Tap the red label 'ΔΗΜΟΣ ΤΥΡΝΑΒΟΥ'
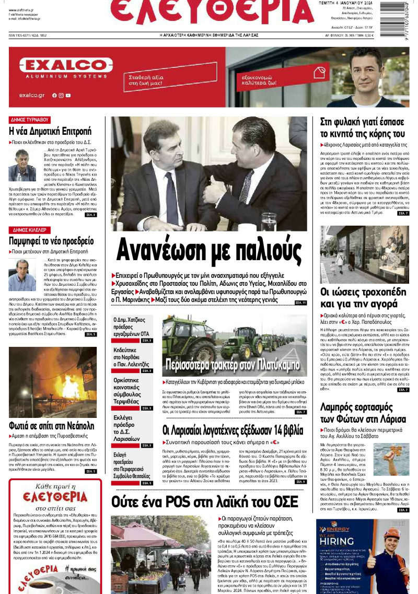(x=29, y=119)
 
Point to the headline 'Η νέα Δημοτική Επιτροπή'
(x=50, y=131)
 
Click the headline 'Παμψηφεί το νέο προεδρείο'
(x=51, y=241)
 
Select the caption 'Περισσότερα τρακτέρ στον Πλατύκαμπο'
(x=232, y=364)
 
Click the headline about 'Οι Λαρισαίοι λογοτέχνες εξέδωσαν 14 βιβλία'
(x=233, y=430)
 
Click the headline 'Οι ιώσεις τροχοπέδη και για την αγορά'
(x=364, y=298)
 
